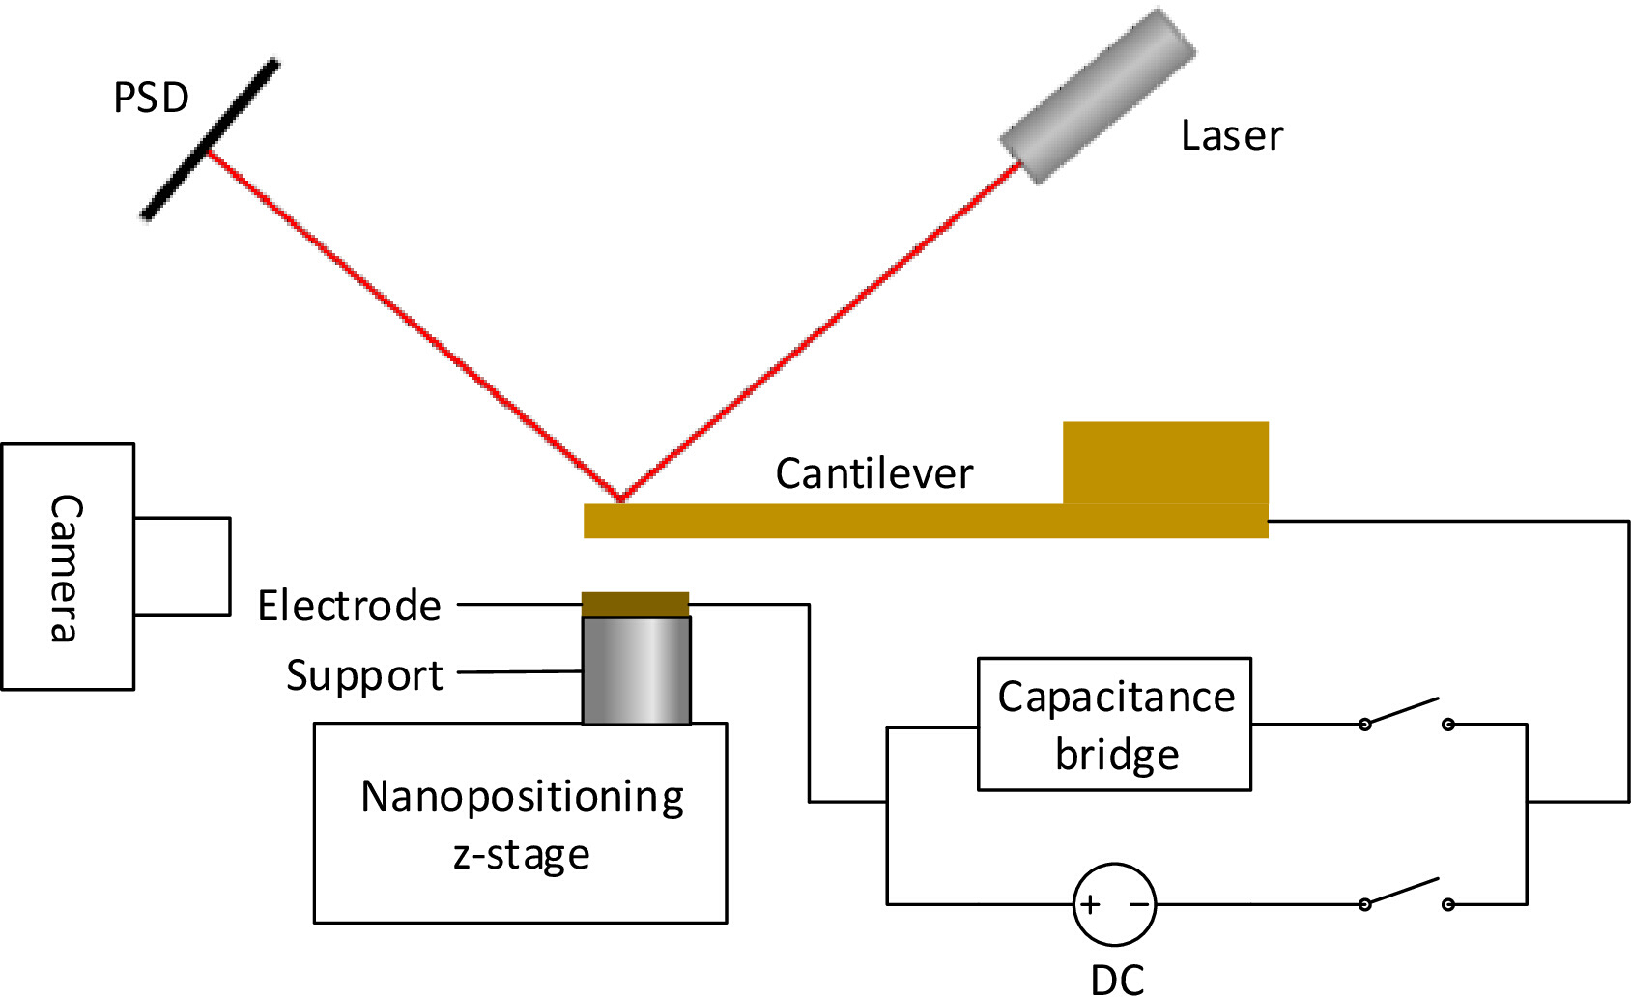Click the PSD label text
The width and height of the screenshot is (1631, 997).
pos(151,98)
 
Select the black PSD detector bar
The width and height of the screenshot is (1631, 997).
pos(211,140)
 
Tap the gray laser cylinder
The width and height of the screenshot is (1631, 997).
pos(1098,97)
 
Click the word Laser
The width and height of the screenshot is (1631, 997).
pos(1232,136)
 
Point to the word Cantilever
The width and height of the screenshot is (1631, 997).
pos(873,473)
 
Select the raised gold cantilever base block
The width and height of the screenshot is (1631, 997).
pos(1165,463)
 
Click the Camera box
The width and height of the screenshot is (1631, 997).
pos(68,567)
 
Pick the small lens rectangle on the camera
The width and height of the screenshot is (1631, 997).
pos(182,567)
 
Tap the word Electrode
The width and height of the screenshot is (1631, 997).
pos(349,606)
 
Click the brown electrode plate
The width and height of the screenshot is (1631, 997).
pos(635,605)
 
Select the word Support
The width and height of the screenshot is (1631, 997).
pos(364,675)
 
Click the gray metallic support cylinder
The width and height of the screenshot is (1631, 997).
pos(636,670)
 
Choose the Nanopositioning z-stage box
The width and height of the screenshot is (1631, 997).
pos(520,823)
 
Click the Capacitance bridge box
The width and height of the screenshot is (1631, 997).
pos(1114,725)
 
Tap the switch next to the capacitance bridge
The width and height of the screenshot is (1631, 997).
pos(1406,716)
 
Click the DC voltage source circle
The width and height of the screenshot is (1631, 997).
pos(1114,904)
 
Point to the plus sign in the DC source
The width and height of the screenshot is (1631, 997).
pos(1090,905)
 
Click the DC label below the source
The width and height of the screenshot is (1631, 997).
pos(1117,980)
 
